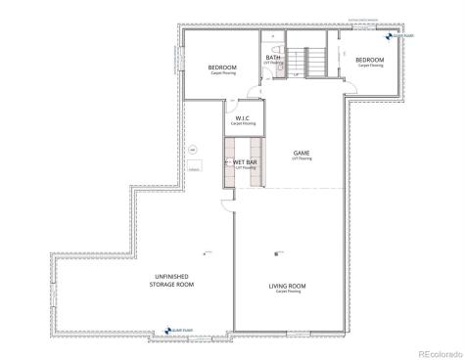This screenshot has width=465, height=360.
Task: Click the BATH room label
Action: [x=273, y=58]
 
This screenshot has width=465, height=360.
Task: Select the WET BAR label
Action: [x=245, y=163]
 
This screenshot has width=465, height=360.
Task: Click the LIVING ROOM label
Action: [x=288, y=286]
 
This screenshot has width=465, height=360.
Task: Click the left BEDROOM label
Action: [x=222, y=67]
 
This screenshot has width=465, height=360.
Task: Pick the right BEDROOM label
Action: [x=370, y=61]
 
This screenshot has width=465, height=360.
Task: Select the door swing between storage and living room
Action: [x=227, y=207]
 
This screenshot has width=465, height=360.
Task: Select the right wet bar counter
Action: [x=259, y=163]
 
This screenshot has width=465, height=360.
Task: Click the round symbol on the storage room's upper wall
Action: [x=194, y=149]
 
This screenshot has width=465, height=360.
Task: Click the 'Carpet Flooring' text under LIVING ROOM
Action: [x=288, y=292]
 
